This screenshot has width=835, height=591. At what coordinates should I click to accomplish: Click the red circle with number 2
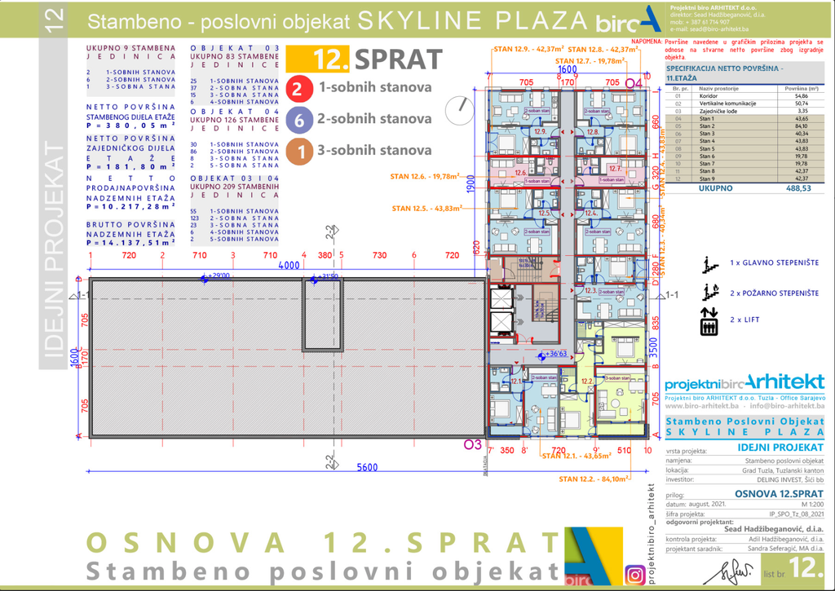298,87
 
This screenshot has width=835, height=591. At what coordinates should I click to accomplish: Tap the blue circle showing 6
298,120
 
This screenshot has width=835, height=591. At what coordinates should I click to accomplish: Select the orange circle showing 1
298,151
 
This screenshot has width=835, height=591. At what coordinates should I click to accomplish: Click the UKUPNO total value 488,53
800,188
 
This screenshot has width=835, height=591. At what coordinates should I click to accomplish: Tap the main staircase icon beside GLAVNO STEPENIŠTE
710,264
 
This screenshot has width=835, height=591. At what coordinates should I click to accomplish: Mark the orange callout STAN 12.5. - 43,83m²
426,209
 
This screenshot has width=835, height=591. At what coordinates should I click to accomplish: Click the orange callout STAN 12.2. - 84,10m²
581,479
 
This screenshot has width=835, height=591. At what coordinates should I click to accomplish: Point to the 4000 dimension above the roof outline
288,266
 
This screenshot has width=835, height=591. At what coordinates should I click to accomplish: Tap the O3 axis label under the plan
471,444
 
